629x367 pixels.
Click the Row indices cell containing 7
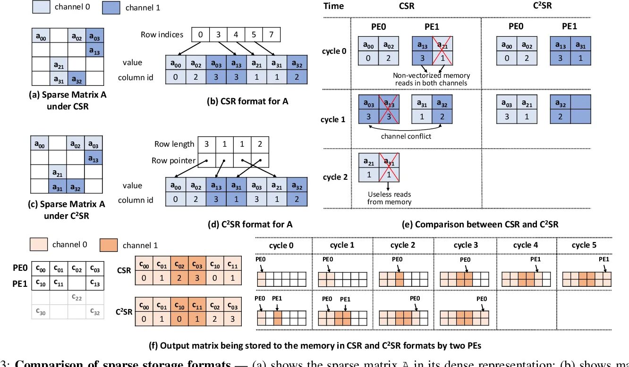click(271, 35)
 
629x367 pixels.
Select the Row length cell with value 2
click(260, 144)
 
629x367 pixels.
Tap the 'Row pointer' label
click(174, 160)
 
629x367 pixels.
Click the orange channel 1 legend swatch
click(109, 245)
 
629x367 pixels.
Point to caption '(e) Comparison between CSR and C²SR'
click(480, 225)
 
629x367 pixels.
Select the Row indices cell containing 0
click(200, 35)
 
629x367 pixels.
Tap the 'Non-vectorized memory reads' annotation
click(431, 79)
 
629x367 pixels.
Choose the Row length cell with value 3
click(207, 144)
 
